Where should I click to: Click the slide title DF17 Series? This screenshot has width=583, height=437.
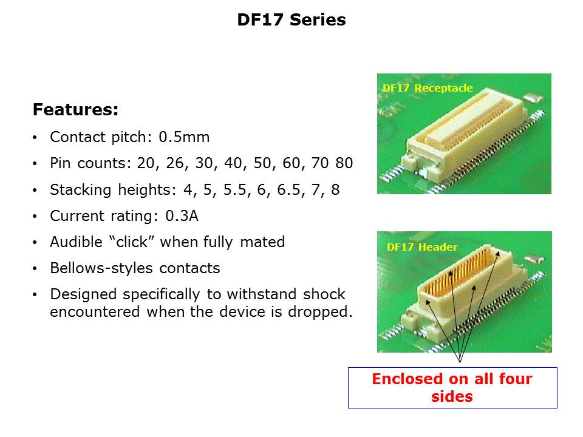click(x=291, y=19)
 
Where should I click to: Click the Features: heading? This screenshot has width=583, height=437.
click(x=75, y=110)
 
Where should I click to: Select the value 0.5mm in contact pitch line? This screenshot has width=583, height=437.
click(x=184, y=137)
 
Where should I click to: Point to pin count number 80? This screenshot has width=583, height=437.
click(x=344, y=163)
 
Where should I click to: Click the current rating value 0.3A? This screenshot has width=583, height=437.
click(x=182, y=216)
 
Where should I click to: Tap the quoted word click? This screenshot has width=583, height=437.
click(x=132, y=242)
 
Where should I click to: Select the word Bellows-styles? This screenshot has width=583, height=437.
click(x=101, y=268)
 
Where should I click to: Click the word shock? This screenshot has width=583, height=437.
click(x=324, y=294)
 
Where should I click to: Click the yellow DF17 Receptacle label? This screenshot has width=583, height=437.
click(x=428, y=88)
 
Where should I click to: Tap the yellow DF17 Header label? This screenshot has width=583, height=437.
click(x=422, y=247)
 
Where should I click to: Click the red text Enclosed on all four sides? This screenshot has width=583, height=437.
click(x=452, y=388)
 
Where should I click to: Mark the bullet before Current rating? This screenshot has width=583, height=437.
click(x=35, y=216)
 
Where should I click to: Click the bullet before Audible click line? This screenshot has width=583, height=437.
click(x=35, y=242)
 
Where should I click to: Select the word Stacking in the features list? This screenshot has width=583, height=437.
click(x=81, y=190)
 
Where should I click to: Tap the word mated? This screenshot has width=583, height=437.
click(x=262, y=242)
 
